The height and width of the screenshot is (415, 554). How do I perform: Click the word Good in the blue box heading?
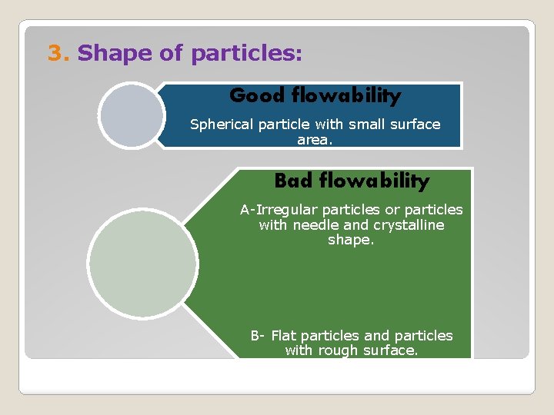click(x=258, y=95)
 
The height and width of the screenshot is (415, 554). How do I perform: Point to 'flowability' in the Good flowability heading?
click(x=347, y=95)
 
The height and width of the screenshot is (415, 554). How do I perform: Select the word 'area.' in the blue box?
click(x=315, y=140)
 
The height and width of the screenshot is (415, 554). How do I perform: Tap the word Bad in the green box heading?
click(x=293, y=181)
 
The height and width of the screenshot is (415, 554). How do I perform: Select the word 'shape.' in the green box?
click(x=351, y=240)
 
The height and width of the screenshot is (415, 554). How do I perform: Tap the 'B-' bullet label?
click(x=258, y=336)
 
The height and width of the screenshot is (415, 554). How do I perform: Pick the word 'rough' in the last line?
click(x=339, y=351)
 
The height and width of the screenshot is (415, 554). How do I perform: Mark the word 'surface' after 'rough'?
click(x=391, y=351)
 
